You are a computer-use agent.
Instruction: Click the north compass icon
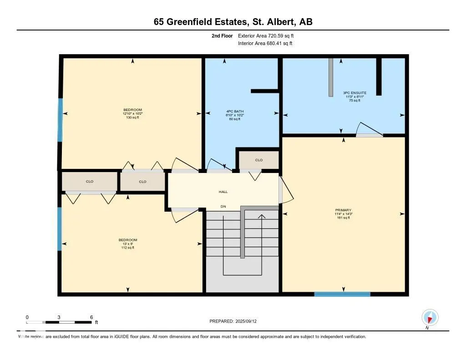click(430, 317)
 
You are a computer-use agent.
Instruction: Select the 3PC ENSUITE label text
click(355, 96)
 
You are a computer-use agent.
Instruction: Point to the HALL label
click(223, 192)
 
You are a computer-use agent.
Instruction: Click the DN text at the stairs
click(223, 207)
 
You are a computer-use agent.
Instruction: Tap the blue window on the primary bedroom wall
click(342, 294)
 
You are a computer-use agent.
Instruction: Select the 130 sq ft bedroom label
click(133, 113)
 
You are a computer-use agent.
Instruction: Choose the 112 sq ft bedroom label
click(128, 243)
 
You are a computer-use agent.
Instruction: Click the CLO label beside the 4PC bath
click(258, 160)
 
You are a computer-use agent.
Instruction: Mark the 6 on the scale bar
click(91, 317)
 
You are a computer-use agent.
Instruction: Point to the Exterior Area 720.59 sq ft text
click(269, 35)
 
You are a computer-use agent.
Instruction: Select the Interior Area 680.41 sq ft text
click(265, 44)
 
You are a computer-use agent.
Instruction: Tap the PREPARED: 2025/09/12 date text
click(236, 321)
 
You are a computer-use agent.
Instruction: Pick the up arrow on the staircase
click(262, 216)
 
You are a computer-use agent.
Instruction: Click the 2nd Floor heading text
click(222, 35)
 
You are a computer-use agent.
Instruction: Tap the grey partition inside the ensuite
click(331, 77)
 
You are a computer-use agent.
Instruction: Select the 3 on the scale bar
click(59, 317)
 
